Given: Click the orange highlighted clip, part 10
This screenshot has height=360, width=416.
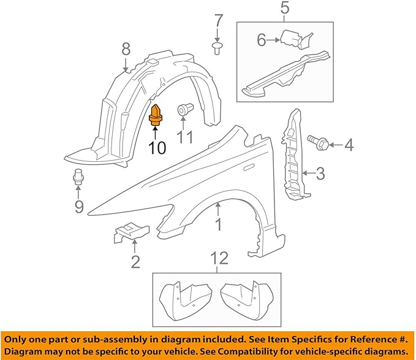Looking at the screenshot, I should (156, 115).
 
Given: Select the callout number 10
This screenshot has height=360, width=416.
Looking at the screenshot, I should (157, 148).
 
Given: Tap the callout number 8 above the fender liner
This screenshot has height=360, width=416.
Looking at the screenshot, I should (126, 48).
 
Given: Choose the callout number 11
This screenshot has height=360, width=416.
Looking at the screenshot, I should (186, 137).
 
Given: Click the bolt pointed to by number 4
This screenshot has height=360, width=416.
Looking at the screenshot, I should (318, 143).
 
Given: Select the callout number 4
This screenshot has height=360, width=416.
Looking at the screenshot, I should (349, 145).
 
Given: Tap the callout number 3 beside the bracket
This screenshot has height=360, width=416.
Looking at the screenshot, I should (321, 175).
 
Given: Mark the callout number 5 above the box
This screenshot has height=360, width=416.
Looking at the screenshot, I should (284, 9).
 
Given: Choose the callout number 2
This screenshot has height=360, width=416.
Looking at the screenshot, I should (135, 262).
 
